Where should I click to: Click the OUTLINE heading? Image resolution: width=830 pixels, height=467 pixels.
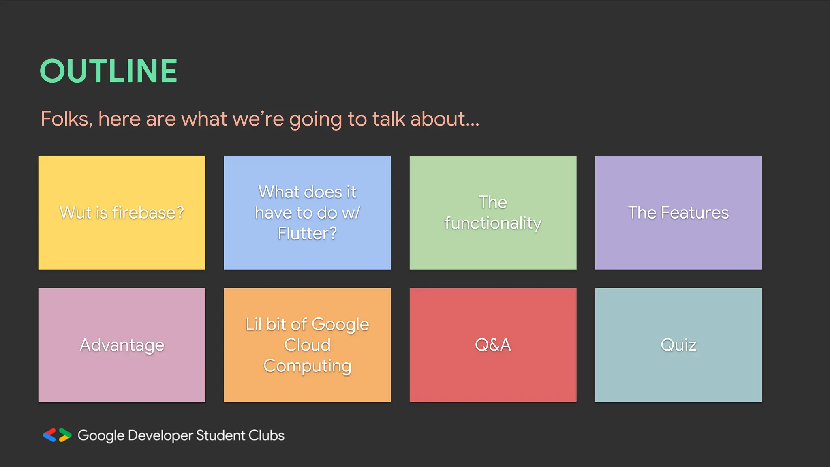click(x=109, y=71)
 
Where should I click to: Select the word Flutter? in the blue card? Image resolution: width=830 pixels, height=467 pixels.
click(x=307, y=233)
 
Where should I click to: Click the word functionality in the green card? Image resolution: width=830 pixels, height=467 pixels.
click(x=493, y=223)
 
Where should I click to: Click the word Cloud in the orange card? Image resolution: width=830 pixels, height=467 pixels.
click(x=307, y=345)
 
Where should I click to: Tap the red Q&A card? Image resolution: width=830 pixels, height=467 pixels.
click(x=493, y=345)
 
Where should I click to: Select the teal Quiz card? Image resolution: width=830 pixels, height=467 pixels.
click(x=678, y=345)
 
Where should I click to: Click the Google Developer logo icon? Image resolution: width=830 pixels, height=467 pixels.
click(x=57, y=435)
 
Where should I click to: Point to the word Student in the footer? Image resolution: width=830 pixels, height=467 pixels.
click(x=220, y=435)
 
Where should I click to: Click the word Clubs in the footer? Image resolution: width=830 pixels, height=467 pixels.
click(x=266, y=435)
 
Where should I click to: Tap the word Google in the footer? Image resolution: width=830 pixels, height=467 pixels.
click(x=101, y=436)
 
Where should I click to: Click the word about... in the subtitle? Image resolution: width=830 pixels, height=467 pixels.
click(x=445, y=119)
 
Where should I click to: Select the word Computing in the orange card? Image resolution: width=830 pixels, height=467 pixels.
click(x=307, y=366)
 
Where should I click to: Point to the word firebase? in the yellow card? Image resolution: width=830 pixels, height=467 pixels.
click(x=148, y=213)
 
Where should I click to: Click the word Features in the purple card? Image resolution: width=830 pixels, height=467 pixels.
click(x=695, y=213)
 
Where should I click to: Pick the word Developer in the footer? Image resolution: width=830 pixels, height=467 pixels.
click(x=160, y=436)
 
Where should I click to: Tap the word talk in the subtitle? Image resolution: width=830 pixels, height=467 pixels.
click(x=389, y=119)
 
